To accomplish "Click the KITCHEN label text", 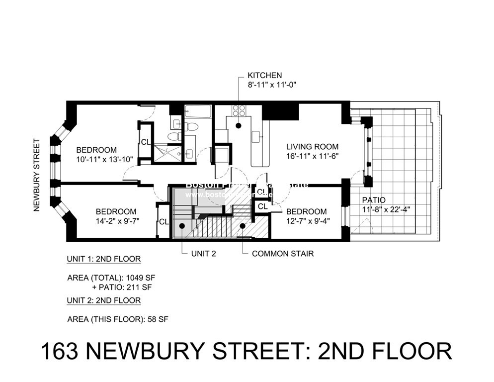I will (x=265, y=75).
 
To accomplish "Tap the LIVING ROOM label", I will (x=312, y=147).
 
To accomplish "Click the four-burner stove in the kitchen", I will (x=239, y=110).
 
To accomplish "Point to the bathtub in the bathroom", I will (x=198, y=110).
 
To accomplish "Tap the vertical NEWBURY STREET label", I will (x=36, y=175).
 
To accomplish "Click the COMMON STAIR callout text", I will (x=283, y=254).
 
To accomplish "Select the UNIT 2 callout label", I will (x=203, y=254).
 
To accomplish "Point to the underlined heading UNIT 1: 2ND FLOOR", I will (x=103, y=259).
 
